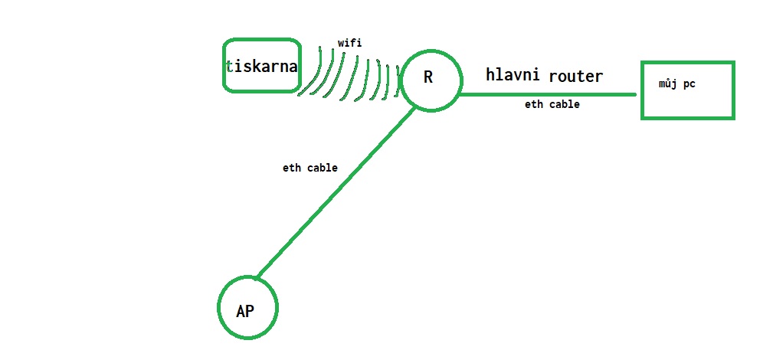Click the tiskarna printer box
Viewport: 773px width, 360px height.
click(x=261, y=66)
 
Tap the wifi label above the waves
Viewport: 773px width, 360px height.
click(x=349, y=44)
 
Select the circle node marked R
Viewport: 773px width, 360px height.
click(x=431, y=80)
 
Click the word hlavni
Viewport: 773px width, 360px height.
click(x=513, y=75)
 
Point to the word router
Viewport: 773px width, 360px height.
click(x=575, y=76)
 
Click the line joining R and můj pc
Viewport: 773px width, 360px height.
click(x=548, y=94)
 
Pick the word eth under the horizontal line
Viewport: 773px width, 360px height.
click(x=533, y=104)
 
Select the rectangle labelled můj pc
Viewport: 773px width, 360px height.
click(x=687, y=90)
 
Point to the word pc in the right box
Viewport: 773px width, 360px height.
click(x=689, y=84)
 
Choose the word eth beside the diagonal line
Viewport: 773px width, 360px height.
click(x=291, y=168)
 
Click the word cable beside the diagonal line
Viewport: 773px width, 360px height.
click(x=321, y=168)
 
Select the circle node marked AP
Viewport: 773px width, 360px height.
click(x=247, y=308)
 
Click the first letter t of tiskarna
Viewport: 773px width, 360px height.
click(x=229, y=67)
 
